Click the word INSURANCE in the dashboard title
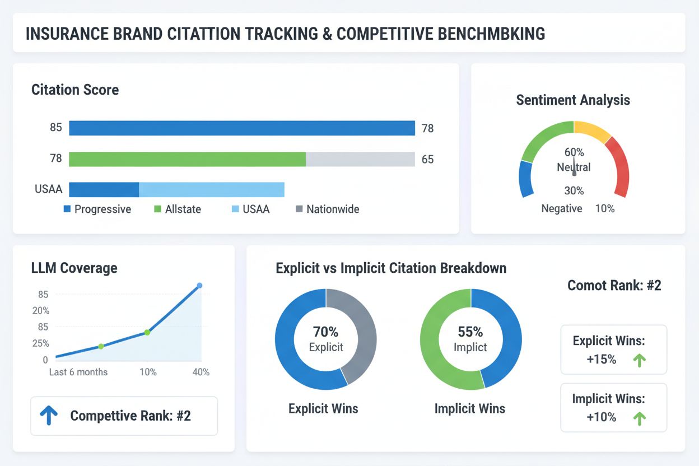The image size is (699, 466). pyautogui.click(x=68, y=33)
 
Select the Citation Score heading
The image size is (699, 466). pyautogui.click(x=75, y=90)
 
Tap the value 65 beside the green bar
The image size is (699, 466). pyautogui.click(x=427, y=160)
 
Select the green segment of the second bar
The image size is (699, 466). pyautogui.click(x=187, y=159)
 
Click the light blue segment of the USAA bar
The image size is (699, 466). pyautogui.click(x=211, y=189)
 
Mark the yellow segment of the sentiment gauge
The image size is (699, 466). pyautogui.click(x=593, y=131)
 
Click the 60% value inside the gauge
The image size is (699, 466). pyautogui.click(x=574, y=152)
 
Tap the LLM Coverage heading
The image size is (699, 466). pyautogui.click(x=74, y=268)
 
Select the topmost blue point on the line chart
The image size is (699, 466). pyautogui.click(x=199, y=286)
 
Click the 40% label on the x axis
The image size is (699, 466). pyautogui.click(x=200, y=372)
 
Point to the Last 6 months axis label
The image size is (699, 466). pyautogui.click(x=78, y=372)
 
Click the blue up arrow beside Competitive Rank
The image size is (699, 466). pyautogui.click(x=48, y=416)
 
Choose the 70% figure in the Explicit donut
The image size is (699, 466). pyautogui.click(x=325, y=332)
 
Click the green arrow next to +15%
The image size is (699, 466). pyautogui.click(x=639, y=360)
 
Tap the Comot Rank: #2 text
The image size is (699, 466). pyautogui.click(x=614, y=285)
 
